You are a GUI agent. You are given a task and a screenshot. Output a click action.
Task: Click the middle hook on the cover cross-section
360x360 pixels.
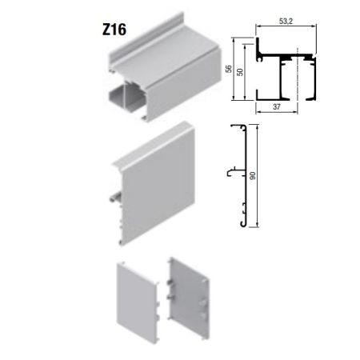click(230, 171)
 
